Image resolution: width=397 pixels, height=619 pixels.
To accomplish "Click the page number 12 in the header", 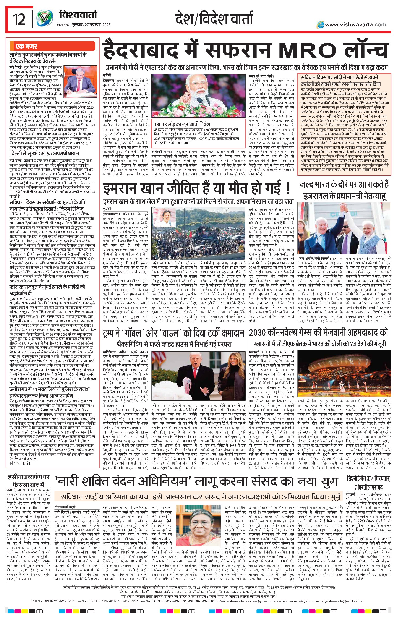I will [x=19, y=20].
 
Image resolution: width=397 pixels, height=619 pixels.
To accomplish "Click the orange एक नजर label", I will [x=26, y=47].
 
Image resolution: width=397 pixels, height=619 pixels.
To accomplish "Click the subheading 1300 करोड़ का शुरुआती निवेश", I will [x=182, y=124].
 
